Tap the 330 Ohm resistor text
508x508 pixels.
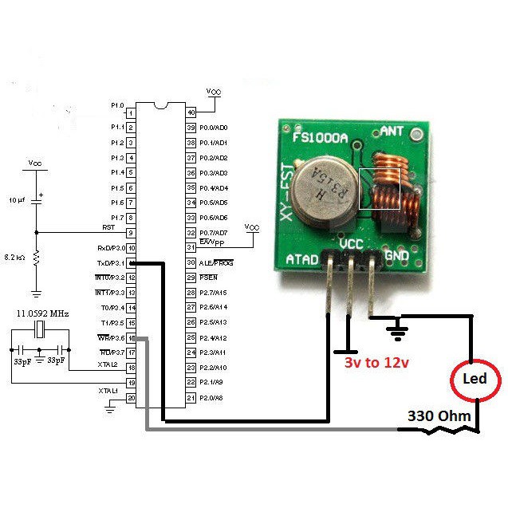click(x=439, y=415)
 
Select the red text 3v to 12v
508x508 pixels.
click(x=376, y=363)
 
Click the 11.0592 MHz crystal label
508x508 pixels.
click(x=44, y=314)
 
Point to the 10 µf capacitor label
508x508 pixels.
click(x=17, y=199)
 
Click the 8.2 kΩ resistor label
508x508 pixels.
click(x=15, y=258)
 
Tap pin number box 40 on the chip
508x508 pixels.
click(x=191, y=112)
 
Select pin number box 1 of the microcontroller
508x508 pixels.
click(x=130, y=112)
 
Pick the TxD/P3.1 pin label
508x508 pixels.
click(x=111, y=262)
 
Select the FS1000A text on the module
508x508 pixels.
click(x=320, y=137)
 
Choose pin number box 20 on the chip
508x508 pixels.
click(x=130, y=397)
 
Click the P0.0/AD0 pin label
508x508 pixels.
click(x=214, y=128)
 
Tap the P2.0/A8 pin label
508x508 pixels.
click(x=212, y=397)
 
